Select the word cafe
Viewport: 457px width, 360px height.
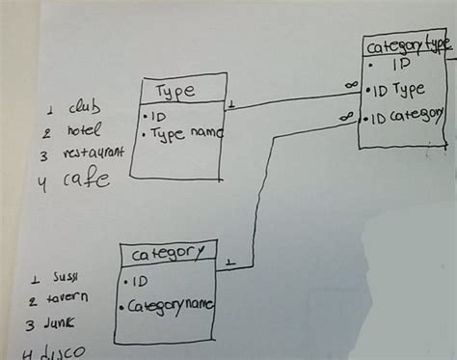(x=86, y=179)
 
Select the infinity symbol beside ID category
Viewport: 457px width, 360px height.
(x=345, y=117)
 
